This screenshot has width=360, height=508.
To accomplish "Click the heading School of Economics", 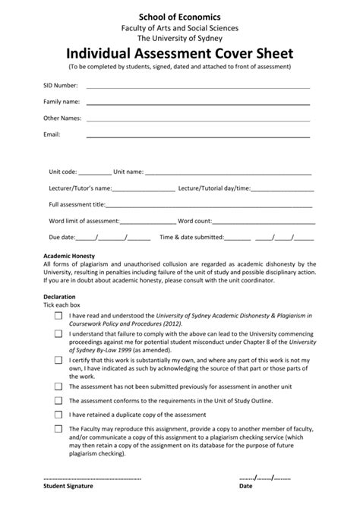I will [x=180, y=15].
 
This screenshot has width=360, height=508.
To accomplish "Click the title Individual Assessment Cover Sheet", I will [x=180, y=54].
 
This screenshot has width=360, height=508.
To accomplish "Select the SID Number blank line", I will [x=197, y=87].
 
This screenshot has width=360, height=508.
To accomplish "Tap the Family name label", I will [x=62, y=101].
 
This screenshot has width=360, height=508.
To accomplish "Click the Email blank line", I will [x=197, y=136].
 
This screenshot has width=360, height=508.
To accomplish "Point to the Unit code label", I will [x=62, y=172].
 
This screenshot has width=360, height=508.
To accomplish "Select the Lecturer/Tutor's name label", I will [x=80, y=188].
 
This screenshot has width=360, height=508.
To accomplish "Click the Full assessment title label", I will [x=77, y=204].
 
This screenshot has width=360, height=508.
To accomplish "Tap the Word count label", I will [x=194, y=221].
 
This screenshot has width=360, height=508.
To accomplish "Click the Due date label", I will [x=62, y=237].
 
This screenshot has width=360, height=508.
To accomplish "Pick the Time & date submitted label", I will [x=191, y=237].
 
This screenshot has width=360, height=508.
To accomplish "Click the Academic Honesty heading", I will [x=69, y=256].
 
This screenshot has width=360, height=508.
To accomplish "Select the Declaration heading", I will [x=59, y=296].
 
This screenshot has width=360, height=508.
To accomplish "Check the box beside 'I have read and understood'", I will [x=58, y=314].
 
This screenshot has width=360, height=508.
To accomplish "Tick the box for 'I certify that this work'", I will [x=58, y=360].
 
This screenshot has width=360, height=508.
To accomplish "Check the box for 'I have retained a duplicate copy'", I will [x=58, y=415].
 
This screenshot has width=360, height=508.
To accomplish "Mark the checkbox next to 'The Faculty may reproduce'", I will [x=58, y=428].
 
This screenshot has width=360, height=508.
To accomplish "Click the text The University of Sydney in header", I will [x=180, y=38].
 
